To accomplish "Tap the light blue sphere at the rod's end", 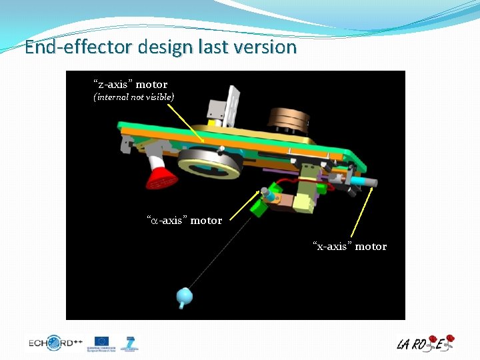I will pyautogui.click(x=183, y=295).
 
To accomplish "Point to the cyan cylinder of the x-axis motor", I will pyautogui.click(x=365, y=180).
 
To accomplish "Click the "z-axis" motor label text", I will pyautogui.click(x=130, y=85).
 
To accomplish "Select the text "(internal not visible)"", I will pyautogui.click(x=133, y=97).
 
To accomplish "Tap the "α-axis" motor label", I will pyautogui.click(x=185, y=220).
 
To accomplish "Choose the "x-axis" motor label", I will pyautogui.click(x=350, y=247).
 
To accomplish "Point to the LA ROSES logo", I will pyautogui.click(x=425, y=343).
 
